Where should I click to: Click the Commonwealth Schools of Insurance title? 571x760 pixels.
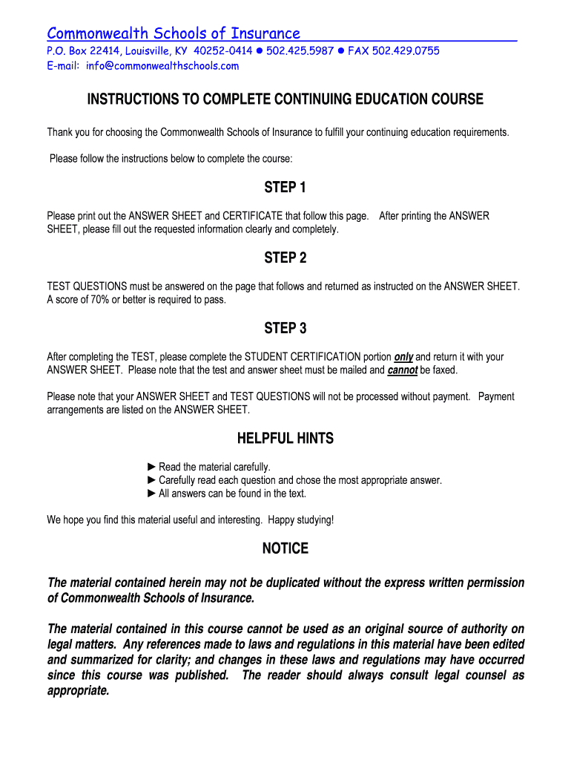174,33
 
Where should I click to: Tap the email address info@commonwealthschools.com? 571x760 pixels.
162,66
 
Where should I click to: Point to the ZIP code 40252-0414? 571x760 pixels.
223,51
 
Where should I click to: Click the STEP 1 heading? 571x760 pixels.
285,188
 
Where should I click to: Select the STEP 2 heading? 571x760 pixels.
285,258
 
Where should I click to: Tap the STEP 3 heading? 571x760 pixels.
285,329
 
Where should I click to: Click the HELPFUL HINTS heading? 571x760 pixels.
285,439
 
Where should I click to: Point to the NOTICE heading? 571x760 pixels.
285,549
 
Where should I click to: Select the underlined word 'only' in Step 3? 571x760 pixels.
403,357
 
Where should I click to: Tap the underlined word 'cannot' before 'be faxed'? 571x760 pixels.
403,370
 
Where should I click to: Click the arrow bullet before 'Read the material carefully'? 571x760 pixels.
152,467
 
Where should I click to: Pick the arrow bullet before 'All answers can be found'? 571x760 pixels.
152,494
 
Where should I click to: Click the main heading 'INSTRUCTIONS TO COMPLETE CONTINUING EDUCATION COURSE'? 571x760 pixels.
285,99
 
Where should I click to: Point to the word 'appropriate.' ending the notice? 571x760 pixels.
79,691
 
